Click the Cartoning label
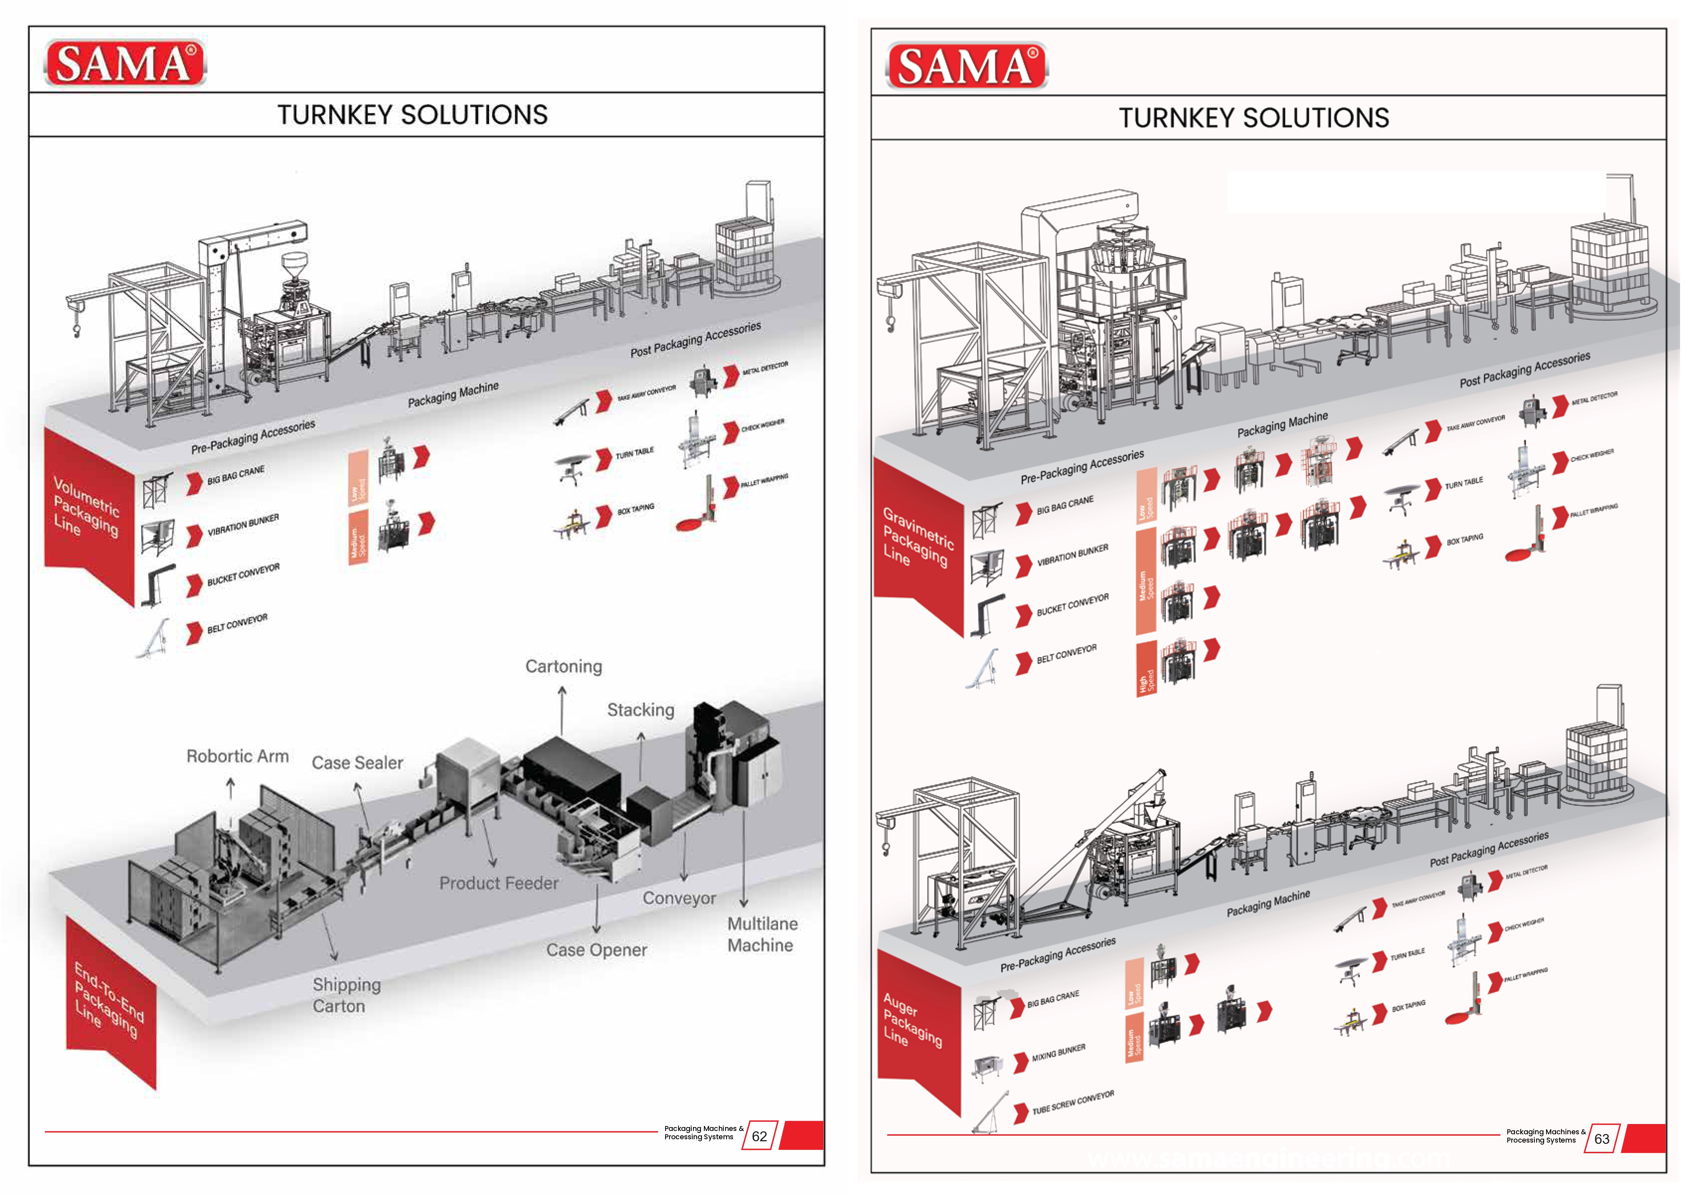click(563, 667)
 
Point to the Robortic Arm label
click(237, 757)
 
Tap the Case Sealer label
click(357, 763)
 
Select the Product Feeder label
click(499, 883)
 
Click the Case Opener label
click(596, 950)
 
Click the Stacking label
click(641, 710)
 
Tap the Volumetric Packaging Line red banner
click(87, 508)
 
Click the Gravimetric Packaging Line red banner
click(917, 538)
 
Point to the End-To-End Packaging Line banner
click(109, 1002)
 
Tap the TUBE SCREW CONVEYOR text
click(1073, 1103)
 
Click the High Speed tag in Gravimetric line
click(1145, 669)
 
